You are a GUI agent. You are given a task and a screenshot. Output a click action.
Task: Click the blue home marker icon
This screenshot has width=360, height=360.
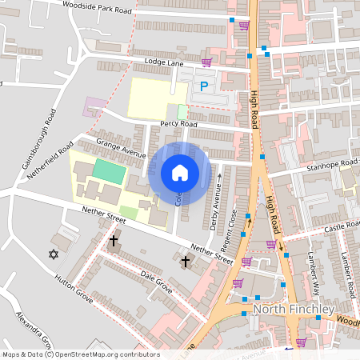[180, 173]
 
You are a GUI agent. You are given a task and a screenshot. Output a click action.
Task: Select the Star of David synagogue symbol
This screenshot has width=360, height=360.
[54, 254]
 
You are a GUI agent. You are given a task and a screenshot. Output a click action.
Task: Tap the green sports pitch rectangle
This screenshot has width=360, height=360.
[110, 170]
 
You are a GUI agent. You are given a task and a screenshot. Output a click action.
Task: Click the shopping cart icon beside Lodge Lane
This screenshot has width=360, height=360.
[206, 62]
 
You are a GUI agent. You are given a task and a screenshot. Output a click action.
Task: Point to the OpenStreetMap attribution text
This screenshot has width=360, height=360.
[81, 354]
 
